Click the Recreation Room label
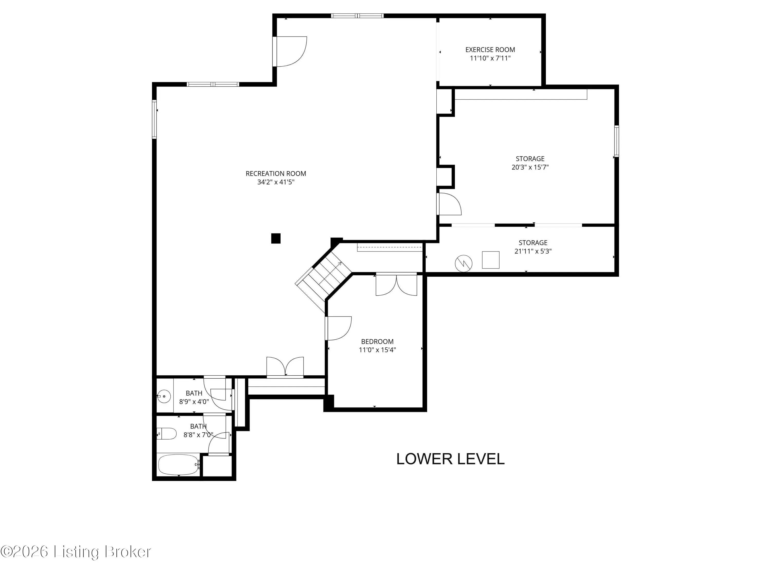(x=276, y=173)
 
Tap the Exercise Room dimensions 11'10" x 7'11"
(x=490, y=58)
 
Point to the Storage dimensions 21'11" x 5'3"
(x=533, y=251)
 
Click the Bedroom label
(x=377, y=341)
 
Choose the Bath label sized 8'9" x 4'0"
(x=194, y=393)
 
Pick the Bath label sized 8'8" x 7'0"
(x=198, y=426)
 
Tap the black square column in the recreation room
(x=276, y=238)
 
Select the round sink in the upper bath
(x=163, y=396)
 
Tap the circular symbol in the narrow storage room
(x=464, y=264)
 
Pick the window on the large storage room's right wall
(x=617, y=141)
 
